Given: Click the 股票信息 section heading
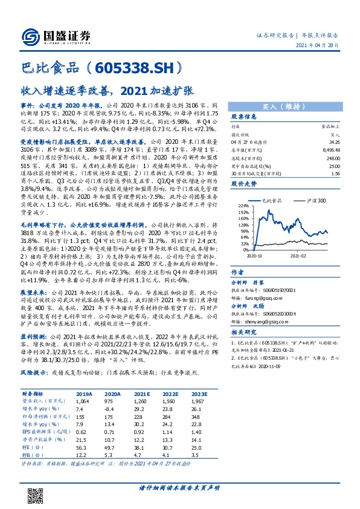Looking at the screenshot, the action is pyautogui.click(x=244, y=116).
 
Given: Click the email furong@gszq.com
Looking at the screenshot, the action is pyautogui.click(x=260, y=280).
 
